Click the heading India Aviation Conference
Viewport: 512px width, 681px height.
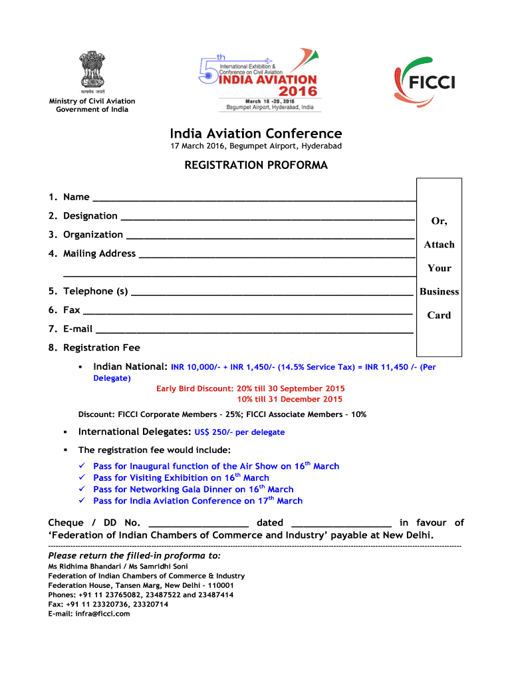point(255,134)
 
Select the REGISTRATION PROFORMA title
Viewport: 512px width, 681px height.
point(255,166)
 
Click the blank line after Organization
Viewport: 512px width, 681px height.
point(270,236)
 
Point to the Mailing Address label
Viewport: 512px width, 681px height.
point(99,253)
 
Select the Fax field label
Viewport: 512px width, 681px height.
point(71,310)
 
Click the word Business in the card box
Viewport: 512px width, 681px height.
point(439,291)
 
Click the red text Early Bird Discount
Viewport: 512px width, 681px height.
point(193,388)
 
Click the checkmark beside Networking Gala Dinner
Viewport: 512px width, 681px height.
point(82,489)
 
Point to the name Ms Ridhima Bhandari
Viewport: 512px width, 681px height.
point(82,567)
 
